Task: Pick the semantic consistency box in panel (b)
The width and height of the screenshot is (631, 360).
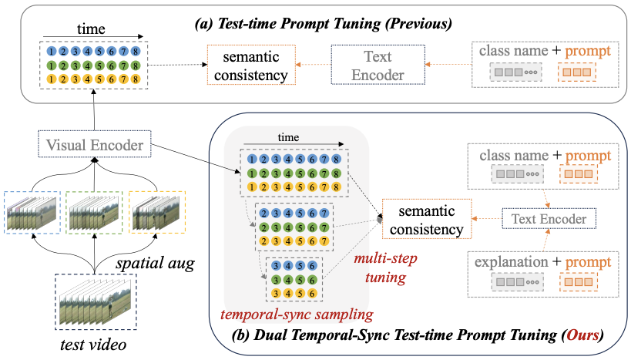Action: (427, 220)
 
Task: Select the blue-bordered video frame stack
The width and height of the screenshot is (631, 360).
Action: (32, 210)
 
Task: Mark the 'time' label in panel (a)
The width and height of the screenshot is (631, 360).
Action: (92, 29)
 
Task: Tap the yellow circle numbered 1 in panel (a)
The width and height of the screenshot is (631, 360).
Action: (51, 79)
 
